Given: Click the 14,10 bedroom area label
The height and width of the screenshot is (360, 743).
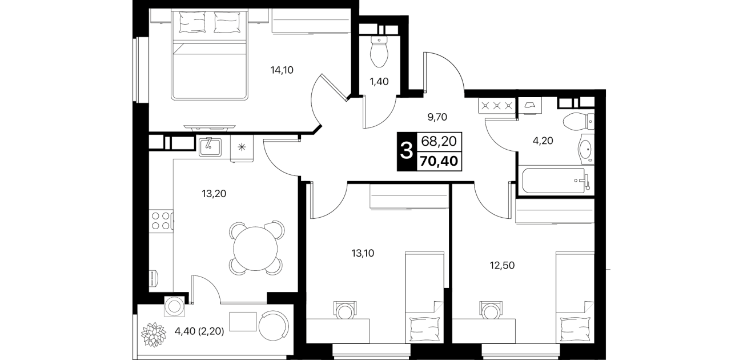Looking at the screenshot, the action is (282, 70).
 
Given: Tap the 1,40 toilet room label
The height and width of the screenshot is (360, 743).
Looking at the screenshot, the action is (379, 82).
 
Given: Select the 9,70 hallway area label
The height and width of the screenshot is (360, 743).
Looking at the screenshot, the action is (437, 117).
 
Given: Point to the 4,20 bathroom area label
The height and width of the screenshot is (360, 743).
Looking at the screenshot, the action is (543, 141).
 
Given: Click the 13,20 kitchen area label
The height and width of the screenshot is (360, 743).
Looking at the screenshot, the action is (214, 194).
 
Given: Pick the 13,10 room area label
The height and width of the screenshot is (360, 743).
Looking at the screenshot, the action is (363, 254).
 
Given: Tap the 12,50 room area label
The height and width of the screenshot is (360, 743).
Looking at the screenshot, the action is (502, 266).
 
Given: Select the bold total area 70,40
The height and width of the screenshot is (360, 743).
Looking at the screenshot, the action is (439, 161).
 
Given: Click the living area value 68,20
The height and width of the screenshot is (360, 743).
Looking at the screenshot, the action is (439, 141).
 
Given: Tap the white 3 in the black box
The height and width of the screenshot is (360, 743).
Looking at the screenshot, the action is (407, 151).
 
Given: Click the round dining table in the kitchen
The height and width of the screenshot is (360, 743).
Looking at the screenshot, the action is (255, 248).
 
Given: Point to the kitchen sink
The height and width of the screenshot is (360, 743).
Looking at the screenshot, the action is (210, 147).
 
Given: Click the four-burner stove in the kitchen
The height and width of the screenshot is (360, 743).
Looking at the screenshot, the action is (161, 221).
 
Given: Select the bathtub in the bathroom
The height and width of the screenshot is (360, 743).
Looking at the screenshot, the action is (553, 181).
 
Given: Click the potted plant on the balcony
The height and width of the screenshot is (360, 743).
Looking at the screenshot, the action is (153, 334).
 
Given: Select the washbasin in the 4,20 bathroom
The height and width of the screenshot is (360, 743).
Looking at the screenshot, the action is (586, 150).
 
